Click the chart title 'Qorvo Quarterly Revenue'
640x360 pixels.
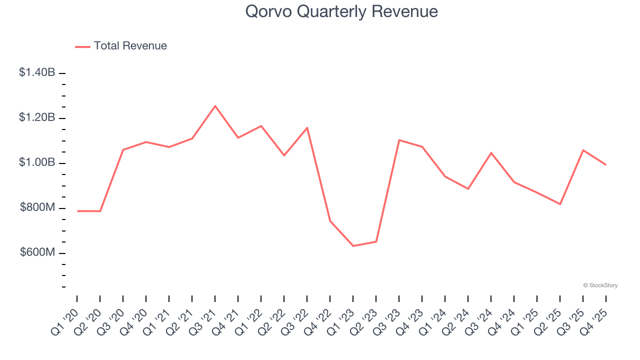(341, 11)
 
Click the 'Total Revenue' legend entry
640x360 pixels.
(130, 46)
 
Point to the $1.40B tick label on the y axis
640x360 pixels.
(37, 72)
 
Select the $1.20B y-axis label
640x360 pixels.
(37, 117)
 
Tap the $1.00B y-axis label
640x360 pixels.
(37, 162)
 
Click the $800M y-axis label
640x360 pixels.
(37, 207)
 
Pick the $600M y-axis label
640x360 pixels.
(37, 252)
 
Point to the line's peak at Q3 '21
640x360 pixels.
(215, 106)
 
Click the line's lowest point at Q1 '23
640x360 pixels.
(353, 246)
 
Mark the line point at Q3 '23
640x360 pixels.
(399, 140)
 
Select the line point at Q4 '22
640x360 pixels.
(330, 221)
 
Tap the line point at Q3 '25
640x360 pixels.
(583, 150)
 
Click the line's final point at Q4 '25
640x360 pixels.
(606, 164)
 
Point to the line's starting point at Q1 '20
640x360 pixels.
(77, 211)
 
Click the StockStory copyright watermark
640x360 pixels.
(600, 285)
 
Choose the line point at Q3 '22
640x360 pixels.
(307, 127)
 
